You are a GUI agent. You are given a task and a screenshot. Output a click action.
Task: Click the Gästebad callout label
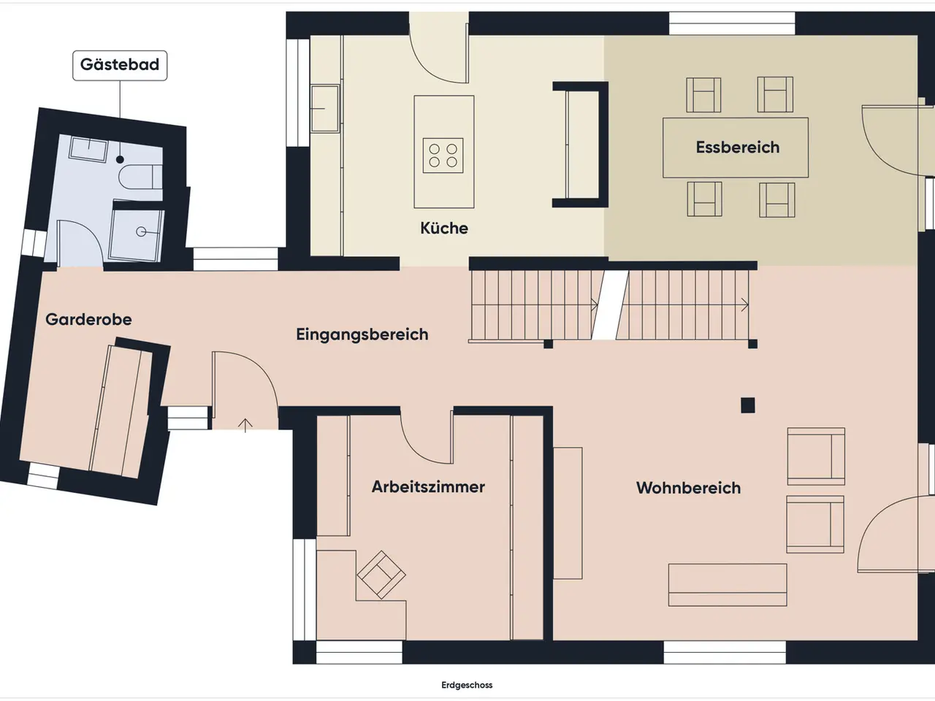pyautogui.click(x=120, y=65)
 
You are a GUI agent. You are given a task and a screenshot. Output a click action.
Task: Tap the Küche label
pyautogui.click(x=444, y=228)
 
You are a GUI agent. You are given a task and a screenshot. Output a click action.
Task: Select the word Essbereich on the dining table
pyautogui.click(x=738, y=148)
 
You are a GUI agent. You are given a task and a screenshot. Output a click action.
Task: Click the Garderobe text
pyautogui.click(x=88, y=319)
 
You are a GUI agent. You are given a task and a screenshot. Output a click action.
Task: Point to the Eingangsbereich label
pyautogui.click(x=362, y=334)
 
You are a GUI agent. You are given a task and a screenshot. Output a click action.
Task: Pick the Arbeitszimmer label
pyautogui.click(x=428, y=487)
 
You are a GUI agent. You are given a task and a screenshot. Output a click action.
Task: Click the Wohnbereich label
pyautogui.click(x=688, y=488)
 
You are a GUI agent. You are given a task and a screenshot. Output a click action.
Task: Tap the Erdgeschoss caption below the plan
pyautogui.click(x=467, y=685)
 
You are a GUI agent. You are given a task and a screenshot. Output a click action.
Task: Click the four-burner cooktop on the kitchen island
pyautogui.click(x=443, y=156)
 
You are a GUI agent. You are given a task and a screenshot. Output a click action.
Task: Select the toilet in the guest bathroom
pyautogui.click(x=140, y=177)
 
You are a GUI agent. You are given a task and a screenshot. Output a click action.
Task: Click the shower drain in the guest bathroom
pyautogui.click(x=141, y=231)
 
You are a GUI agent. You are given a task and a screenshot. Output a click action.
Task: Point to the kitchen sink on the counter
pyautogui.click(x=325, y=109)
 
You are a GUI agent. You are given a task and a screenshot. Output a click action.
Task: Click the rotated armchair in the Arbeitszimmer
pyautogui.click(x=381, y=575)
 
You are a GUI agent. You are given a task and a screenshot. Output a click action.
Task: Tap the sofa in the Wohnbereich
pyautogui.click(x=728, y=585)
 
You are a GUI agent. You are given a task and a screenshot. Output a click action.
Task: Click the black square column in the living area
pyautogui.click(x=747, y=405)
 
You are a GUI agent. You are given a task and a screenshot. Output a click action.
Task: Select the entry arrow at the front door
pyautogui.click(x=245, y=426)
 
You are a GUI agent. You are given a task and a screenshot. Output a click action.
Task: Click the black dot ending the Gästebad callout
pyautogui.click(x=120, y=160)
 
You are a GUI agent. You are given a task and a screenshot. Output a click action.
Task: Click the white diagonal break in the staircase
pyautogui.click(x=611, y=305)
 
